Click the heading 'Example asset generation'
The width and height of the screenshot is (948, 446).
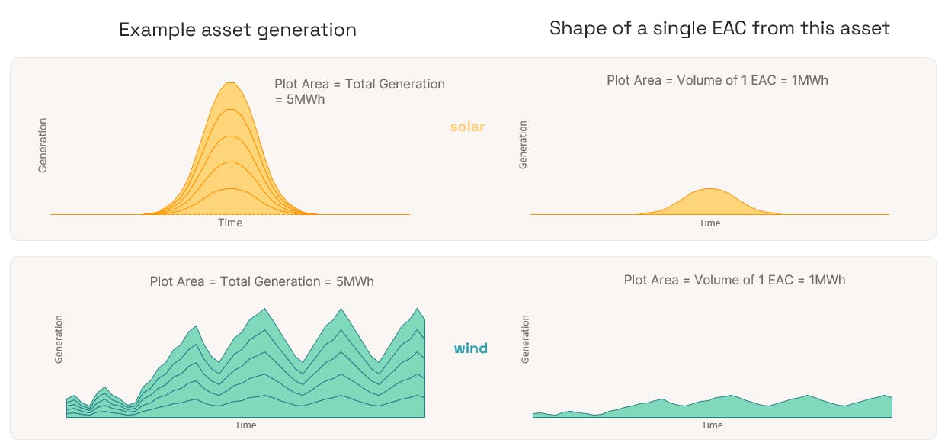coord(238,30)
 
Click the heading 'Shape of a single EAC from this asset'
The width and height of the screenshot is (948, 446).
coord(719,28)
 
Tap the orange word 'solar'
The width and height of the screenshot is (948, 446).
coord(467,127)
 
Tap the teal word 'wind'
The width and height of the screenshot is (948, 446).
coord(470,348)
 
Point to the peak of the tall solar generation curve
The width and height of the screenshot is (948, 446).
coord(230,83)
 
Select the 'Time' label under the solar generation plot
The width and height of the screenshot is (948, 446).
coord(230,223)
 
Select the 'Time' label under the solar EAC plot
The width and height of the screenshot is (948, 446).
coord(709,223)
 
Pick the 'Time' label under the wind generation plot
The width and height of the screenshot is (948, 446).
coord(245,425)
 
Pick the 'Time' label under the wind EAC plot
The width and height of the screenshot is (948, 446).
coord(712,425)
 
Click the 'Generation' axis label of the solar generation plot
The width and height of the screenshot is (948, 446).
coord(43,145)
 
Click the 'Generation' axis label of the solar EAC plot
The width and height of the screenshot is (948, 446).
coord(523,145)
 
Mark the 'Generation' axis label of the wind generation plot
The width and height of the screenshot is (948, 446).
coord(59,339)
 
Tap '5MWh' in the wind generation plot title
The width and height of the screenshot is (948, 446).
coord(354,281)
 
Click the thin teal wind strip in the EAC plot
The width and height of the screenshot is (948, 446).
coord(712,409)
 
